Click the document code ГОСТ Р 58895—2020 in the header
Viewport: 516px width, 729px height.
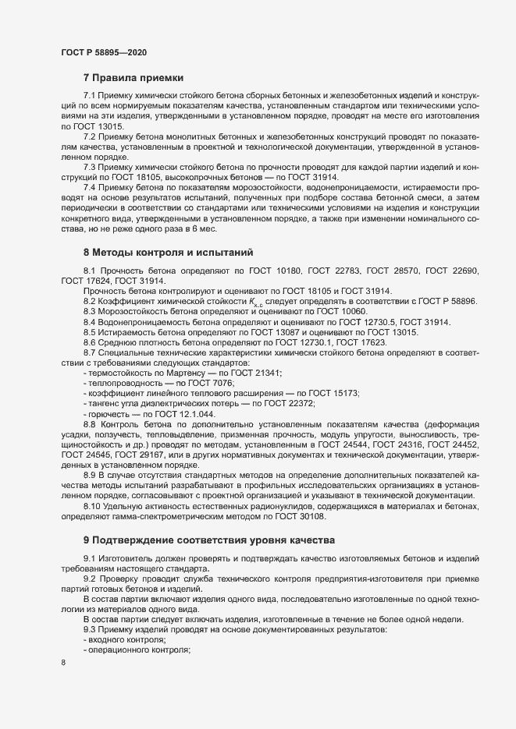click(103, 51)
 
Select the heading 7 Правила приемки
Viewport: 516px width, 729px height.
click(133, 78)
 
